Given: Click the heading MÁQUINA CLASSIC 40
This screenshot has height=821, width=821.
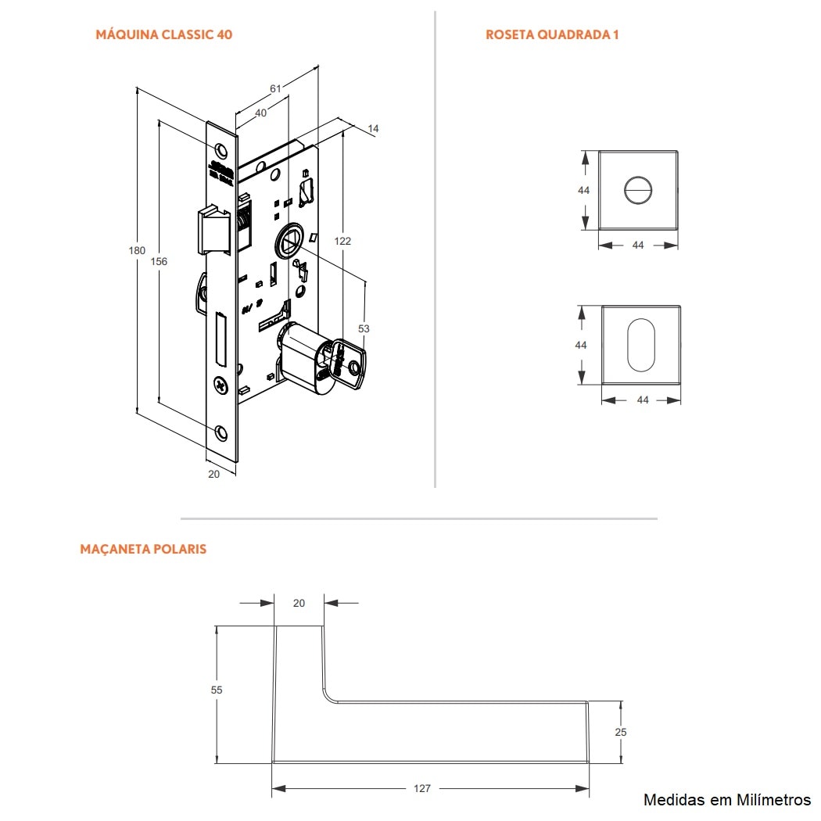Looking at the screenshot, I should coord(163,34).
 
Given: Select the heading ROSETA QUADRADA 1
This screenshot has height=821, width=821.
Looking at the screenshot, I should coord(552,34).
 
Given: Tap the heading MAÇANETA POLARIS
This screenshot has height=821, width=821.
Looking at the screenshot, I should coord(143,549).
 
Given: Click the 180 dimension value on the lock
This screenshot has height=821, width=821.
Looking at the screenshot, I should coord(137,250).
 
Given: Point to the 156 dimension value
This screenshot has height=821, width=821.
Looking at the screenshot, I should coord(159,261).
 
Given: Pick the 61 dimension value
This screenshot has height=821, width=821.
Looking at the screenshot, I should coord(275,89).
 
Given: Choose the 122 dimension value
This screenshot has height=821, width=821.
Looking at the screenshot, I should coord(342,241).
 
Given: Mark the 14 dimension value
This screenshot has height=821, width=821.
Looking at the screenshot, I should coord(372,128).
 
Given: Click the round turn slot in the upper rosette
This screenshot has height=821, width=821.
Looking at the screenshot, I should coord(637,190).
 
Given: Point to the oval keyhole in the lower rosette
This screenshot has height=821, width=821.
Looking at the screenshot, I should coord(640,344).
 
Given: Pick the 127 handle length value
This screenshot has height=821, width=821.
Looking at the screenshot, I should coord(422,788).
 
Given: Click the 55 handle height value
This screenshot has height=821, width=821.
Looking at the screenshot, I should coord(217,690).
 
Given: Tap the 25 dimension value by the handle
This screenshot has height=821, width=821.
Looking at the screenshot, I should coord(621,732).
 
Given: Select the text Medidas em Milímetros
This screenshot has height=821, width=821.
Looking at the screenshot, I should coord(726,800).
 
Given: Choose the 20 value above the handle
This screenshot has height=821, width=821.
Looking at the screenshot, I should coord(299,603).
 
